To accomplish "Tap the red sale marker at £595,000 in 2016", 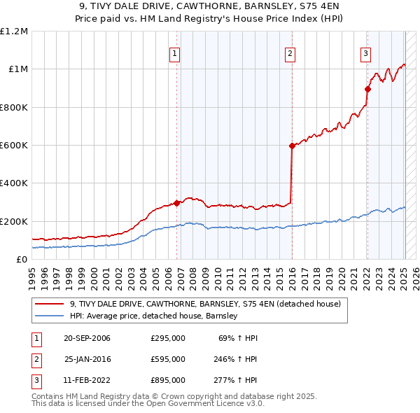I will (291, 146).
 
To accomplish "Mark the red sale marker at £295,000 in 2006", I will (176, 203).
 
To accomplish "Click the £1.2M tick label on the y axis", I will (14, 31).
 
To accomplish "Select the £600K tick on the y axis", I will (14, 146).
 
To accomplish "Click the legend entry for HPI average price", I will (153, 316).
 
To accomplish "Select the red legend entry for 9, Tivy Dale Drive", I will (204, 304).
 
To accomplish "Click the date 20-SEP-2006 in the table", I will (87, 338).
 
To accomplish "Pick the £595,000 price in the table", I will (168, 359).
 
